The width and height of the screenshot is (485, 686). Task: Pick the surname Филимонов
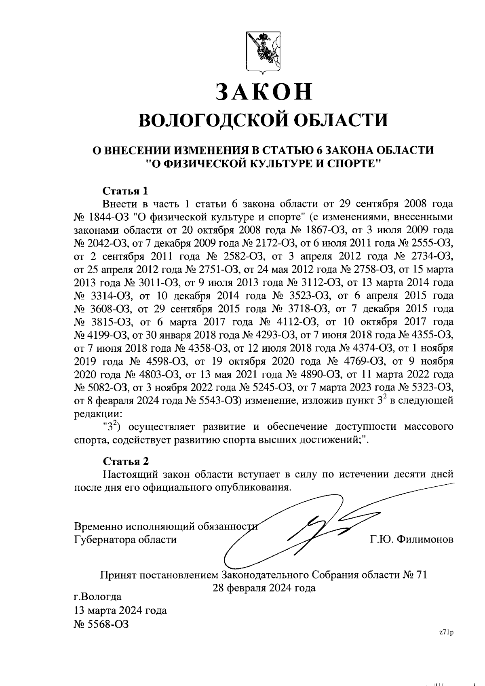click(x=425, y=540)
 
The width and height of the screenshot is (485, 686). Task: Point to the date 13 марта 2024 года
click(x=120, y=610)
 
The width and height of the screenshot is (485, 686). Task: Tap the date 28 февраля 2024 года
click(x=264, y=588)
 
